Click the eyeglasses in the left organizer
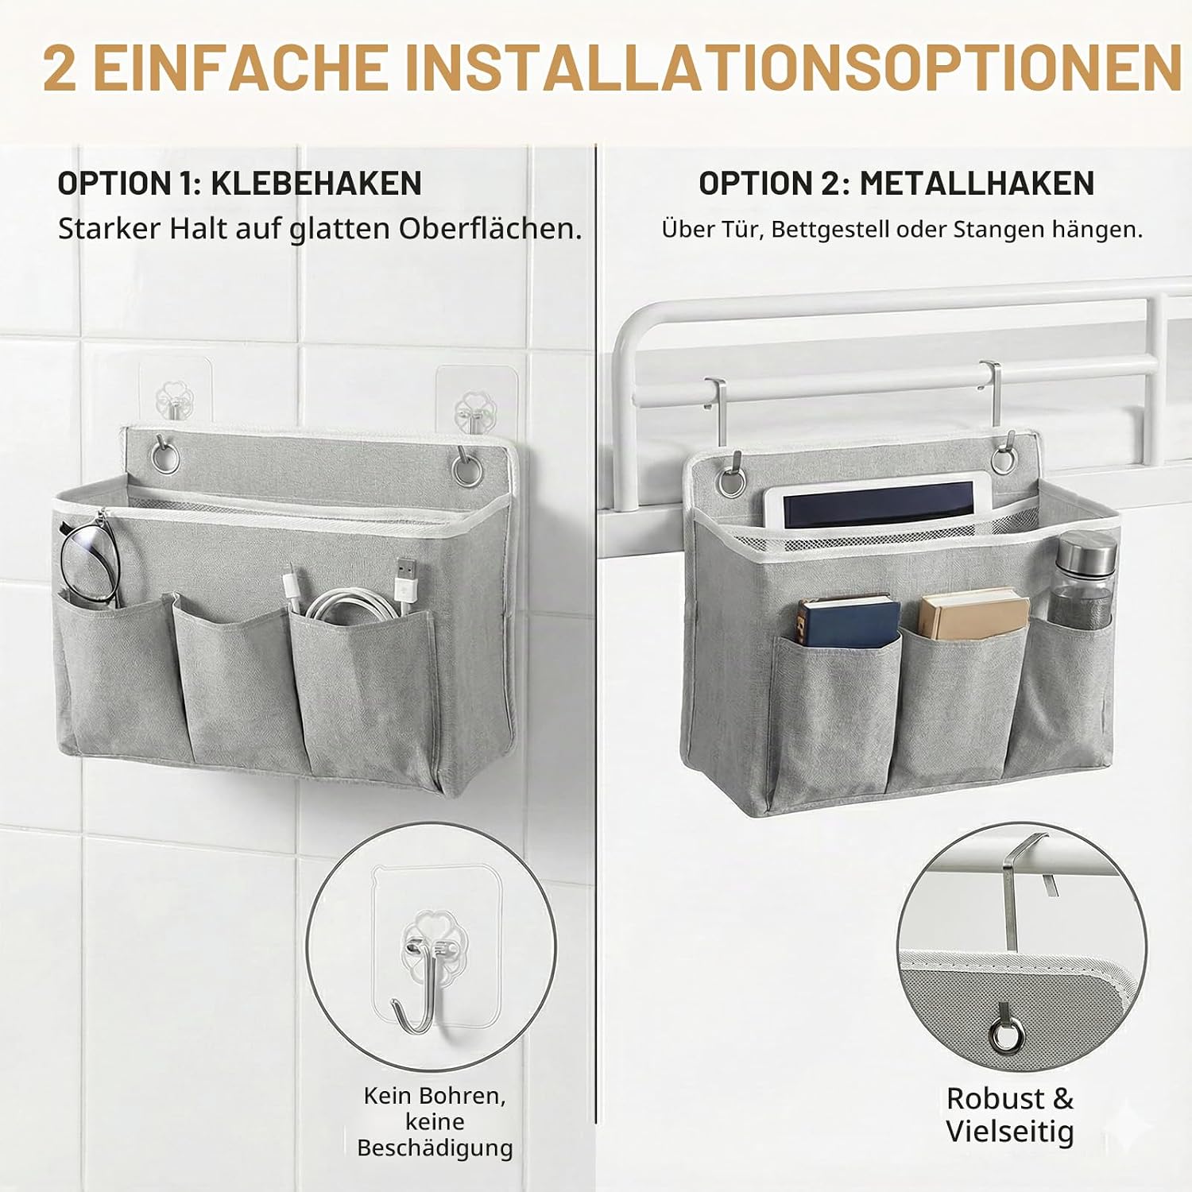pos(89,560)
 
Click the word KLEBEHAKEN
pos(316,184)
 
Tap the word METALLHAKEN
pos(977,184)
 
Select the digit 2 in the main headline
pos(60,68)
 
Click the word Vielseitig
pos(1009,1132)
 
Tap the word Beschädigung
pos(435,1148)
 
